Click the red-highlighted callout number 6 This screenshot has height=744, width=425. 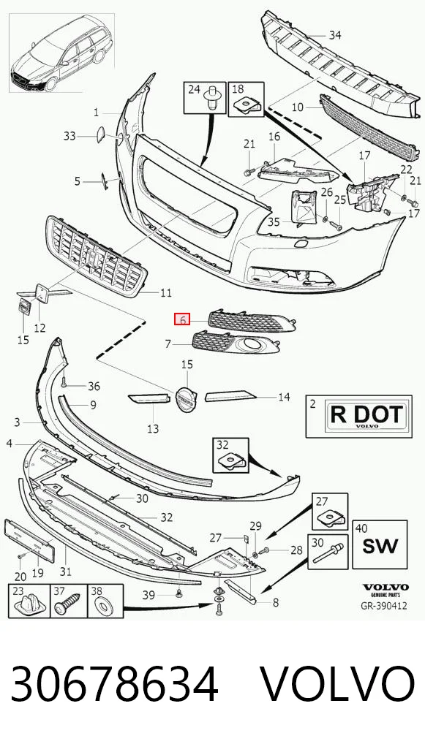[x=182, y=320]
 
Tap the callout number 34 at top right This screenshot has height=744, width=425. [x=335, y=35]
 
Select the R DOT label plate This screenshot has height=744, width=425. [x=365, y=416]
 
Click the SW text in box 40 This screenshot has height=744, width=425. [x=380, y=545]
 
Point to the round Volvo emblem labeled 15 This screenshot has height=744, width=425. [x=186, y=398]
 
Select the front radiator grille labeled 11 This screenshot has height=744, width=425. [x=97, y=257]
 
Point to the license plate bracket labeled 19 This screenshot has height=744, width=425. [x=29, y=540]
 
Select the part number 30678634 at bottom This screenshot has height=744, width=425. [x=114, y=684]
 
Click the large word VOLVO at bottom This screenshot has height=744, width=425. [x=339, y=684]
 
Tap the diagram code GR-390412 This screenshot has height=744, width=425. [x=385, y=606]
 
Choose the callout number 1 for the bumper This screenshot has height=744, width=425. [x=97, y=113]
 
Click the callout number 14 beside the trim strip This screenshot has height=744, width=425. [x=284, y=397]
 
